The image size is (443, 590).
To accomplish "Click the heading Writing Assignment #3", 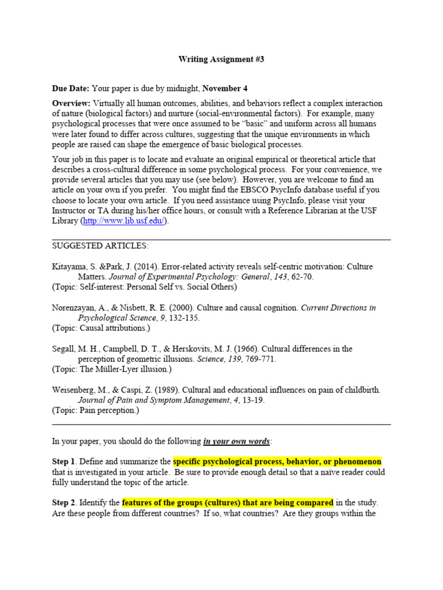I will click(x=221, y=59).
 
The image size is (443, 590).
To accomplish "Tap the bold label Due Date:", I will click(x=70, y=88).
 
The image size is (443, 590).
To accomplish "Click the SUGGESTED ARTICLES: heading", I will click(x=100, y=246).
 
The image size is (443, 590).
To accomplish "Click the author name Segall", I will click(x=65, y=349).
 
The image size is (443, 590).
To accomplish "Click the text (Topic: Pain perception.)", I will click(x=96, y=411).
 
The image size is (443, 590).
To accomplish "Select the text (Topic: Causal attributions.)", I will click(x=101, y=328).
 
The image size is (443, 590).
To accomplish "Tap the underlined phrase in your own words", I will click(x=236, y=441).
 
